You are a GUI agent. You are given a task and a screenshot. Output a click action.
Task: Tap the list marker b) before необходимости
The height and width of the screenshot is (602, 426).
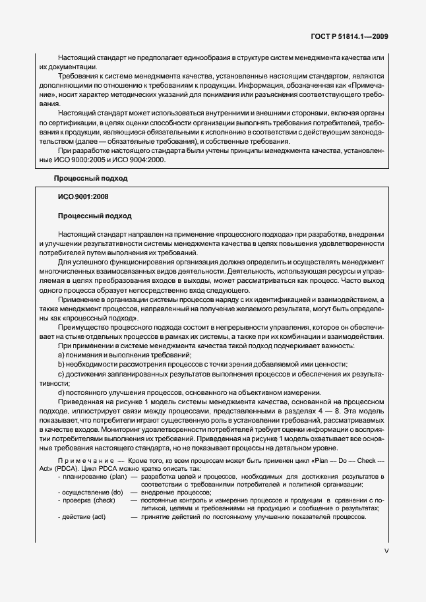[x=61, y=365]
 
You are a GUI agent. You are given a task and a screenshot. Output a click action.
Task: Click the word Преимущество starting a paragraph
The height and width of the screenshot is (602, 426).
[x=84, y=328]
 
